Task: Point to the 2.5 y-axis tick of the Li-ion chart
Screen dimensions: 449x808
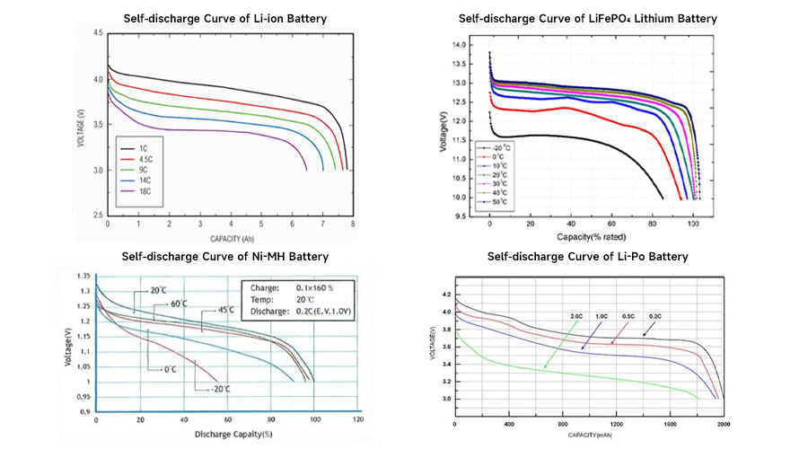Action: coord(97,216)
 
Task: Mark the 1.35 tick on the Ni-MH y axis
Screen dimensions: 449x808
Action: coord(83,277)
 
